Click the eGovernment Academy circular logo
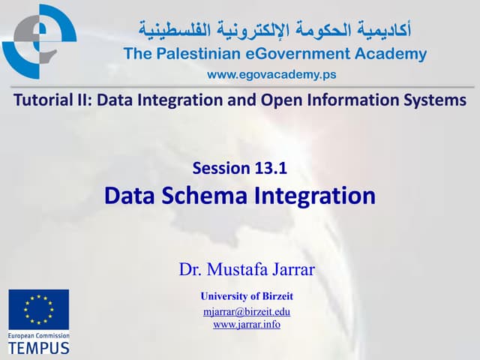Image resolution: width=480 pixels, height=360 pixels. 39,42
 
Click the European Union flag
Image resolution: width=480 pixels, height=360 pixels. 39,310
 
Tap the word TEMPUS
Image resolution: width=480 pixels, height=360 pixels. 39,348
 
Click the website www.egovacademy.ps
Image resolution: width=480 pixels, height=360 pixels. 271,74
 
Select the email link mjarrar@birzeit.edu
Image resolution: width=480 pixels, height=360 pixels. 247,312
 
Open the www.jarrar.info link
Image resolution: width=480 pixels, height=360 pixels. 247,324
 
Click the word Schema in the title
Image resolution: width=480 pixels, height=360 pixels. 204,195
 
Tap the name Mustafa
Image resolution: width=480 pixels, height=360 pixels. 238,269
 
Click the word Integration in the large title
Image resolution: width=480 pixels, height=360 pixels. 315,196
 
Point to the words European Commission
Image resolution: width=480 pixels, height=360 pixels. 39,336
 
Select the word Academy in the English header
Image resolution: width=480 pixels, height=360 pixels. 391,54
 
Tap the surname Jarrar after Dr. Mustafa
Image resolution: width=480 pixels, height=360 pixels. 293,269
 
